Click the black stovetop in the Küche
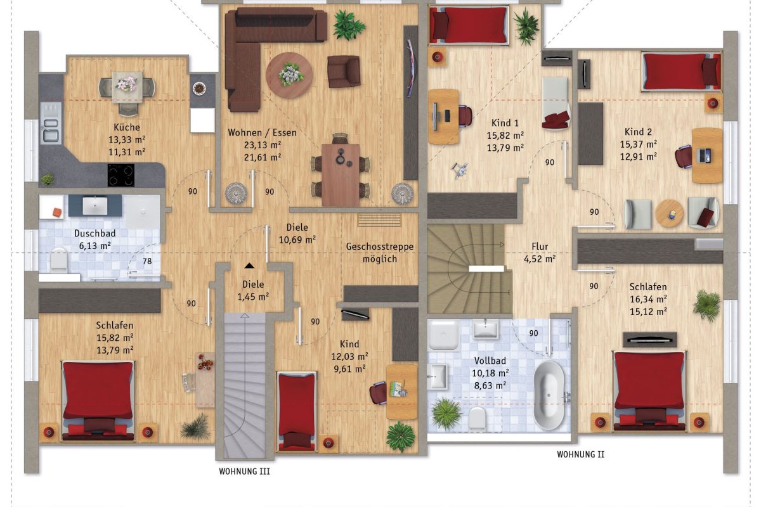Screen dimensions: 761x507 tap(121, 175)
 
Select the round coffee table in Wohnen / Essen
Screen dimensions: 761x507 tap(289, 75)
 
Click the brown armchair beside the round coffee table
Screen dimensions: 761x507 tap(344, 72)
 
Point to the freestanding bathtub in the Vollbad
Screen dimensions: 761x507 tap(549, 395)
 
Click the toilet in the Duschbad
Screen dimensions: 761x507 tap(59, 259)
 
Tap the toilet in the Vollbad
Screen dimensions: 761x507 tap(478, 419)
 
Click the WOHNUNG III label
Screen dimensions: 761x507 tap(245, 472)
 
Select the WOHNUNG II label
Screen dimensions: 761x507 tap(581, 454)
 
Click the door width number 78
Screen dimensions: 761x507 tap(147, 261)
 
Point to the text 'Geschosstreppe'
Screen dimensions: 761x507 tap(380, 247)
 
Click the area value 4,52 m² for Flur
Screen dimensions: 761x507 tap(540, 259)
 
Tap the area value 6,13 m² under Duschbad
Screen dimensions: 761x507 tap(95, 245)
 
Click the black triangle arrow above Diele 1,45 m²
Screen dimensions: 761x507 tap(249, 266)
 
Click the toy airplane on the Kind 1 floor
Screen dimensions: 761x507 tap(460, 170)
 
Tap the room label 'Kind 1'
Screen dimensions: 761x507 tap(505, 123)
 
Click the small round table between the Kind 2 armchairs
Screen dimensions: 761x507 tap(669, 214)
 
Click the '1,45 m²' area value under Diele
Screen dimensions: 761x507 tap(253, 297)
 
